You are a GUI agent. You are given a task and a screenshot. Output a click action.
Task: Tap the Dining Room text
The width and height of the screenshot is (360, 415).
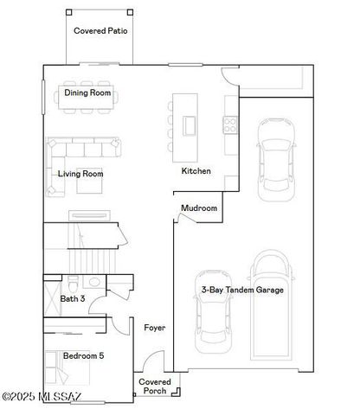(x=87, y=93)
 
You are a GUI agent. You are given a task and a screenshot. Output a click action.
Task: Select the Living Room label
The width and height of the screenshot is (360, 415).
(x=80, y=174)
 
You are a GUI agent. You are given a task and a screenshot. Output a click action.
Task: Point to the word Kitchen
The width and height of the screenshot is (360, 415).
(x=196, y=171)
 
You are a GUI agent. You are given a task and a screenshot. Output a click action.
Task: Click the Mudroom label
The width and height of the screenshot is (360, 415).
(x=199, y=209)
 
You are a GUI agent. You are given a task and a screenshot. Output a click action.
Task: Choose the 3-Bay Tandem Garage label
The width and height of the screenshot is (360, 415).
(x=241, y=290)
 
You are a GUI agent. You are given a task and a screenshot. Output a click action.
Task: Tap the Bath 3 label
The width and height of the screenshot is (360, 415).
(x=73, y=299)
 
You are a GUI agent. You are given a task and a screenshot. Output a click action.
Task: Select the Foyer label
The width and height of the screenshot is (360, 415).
(x=155, y=328)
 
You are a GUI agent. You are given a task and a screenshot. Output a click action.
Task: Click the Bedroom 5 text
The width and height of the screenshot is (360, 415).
(x=85, y=355)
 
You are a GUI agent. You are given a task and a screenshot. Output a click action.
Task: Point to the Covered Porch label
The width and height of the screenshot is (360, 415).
(x=155, y=386)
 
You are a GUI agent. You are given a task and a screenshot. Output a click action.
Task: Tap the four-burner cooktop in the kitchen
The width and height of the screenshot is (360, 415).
(x=231, y=124)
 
